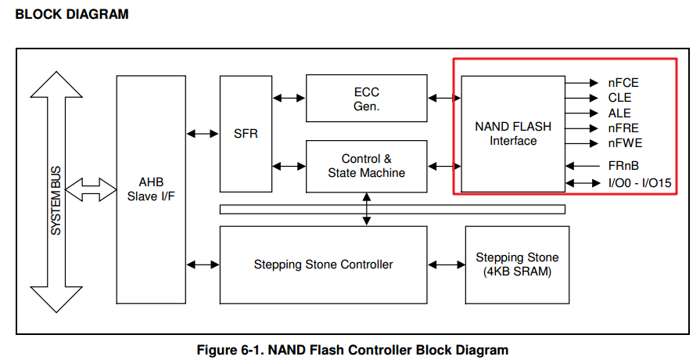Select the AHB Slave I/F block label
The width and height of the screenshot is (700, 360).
point(150,189)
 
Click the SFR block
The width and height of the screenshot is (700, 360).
point(245,134)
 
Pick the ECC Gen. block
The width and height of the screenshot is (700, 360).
point(366,99)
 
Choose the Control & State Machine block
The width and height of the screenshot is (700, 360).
point(366,166)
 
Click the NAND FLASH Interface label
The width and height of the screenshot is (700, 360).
point(513,133)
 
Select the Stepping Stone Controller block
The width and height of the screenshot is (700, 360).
point(323,265)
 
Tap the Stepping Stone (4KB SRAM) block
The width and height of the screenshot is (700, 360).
point(517,265)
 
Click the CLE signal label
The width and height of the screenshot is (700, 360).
point(619,98)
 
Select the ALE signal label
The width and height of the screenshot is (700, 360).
point(619,113)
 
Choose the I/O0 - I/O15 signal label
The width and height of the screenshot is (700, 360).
point(639,183)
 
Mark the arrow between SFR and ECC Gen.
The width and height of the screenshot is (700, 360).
point(288,98)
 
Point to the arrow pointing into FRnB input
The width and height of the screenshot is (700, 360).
point(582,166)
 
